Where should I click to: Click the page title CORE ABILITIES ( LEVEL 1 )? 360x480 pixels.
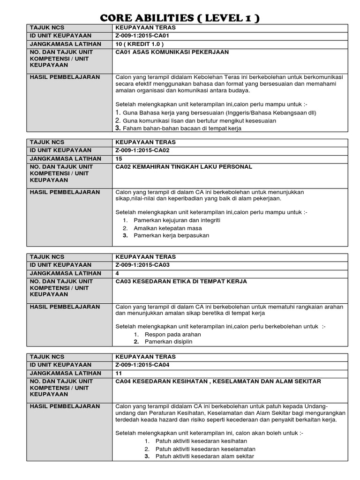(180, 18)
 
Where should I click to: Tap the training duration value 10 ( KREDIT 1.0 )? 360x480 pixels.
(140, 44)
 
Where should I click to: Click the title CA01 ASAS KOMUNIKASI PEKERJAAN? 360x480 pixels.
(172, 52)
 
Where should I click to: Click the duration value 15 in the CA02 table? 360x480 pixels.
(119, 158)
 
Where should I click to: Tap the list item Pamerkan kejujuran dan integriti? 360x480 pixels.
(177, 220)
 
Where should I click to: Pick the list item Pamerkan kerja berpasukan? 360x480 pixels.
(172, 235)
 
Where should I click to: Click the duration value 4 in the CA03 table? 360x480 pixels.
(117, 273)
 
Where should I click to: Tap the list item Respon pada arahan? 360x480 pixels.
(173, 334)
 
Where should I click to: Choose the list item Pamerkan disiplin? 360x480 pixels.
(169, 342)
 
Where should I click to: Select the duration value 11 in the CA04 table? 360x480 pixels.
(119, 373)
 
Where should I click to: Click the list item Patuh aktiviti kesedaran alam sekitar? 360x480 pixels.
(204, 456)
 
